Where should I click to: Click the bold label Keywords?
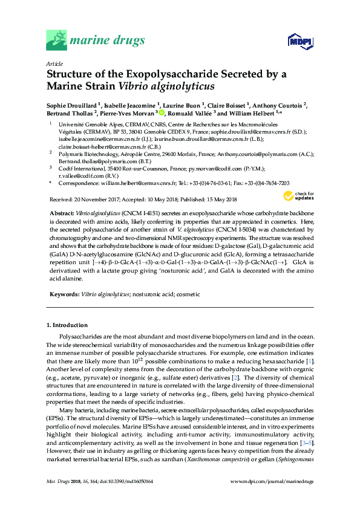tap(63, 293)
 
